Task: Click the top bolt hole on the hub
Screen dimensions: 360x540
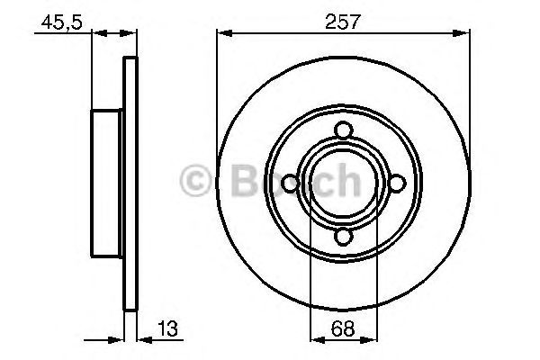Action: pos(343,131)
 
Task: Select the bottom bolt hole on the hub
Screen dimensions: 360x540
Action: pos(343,237)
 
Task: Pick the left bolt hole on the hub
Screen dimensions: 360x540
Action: pos(290,184)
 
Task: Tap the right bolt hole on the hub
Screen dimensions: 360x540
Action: pos(396,184)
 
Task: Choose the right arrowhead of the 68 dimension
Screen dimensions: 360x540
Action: pos(371,340)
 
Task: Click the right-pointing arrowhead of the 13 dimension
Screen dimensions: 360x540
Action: pos(117,340)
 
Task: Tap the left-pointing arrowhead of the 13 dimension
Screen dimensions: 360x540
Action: pos(142,340)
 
